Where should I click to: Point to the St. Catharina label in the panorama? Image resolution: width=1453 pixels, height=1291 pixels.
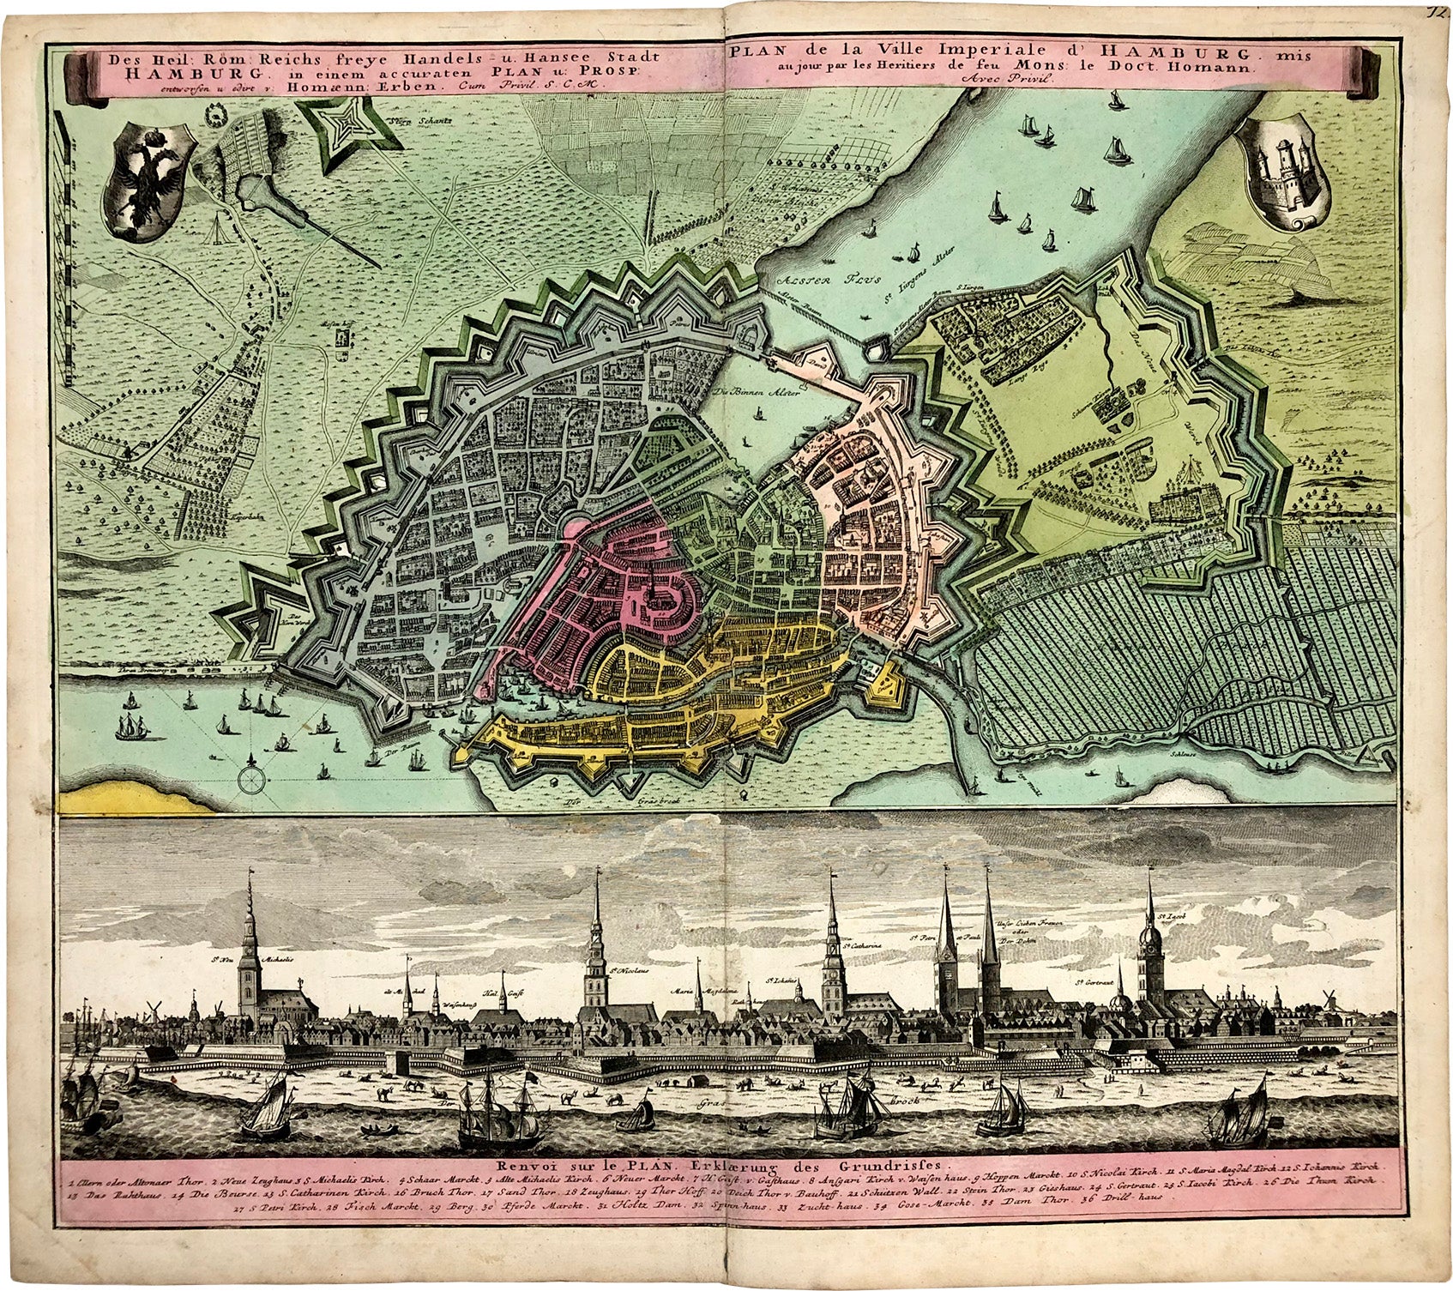click(x=864, y=947)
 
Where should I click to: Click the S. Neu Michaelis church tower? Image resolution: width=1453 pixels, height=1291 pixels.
click(x=250, y=944)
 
